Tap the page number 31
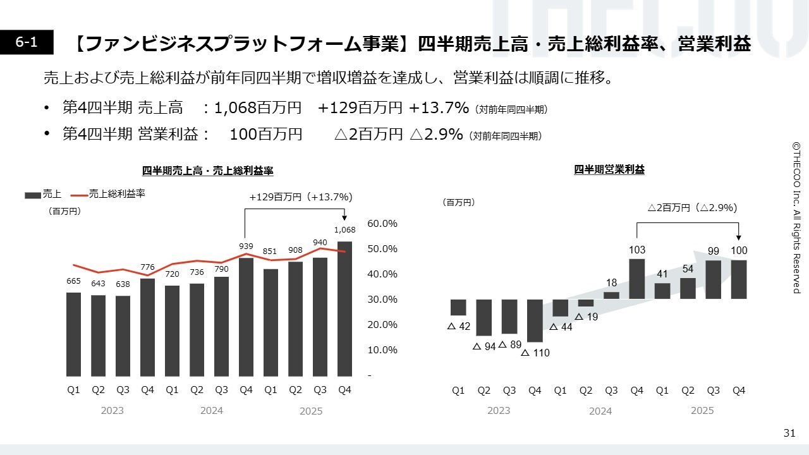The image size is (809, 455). tap(789, 433)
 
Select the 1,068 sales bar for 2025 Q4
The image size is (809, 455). tap(344, 308)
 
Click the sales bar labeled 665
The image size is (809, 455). tap(73, 334)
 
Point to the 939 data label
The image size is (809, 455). tap(246, 246)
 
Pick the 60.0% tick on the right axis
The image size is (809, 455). tap(382, 224)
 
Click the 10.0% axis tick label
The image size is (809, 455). tap(382, 350)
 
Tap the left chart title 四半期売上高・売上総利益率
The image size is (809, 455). tap(207, 171)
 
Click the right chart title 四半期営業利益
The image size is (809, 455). tap(609, 169)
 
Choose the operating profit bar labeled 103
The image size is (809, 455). tap(637, 279)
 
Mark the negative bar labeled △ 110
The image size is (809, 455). tap(535, 320)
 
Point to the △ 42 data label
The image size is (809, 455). tap(459, 327)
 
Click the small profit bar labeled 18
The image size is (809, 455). tap(611, 295)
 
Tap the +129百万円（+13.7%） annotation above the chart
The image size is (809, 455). tap(300, 197)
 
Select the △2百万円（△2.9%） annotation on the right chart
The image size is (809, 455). tap(693, 207)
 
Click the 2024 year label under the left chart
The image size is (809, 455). tap(212, 411)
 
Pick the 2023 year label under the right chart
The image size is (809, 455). tap(499, 411)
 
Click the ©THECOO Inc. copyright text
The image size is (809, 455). tap(796, 217)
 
